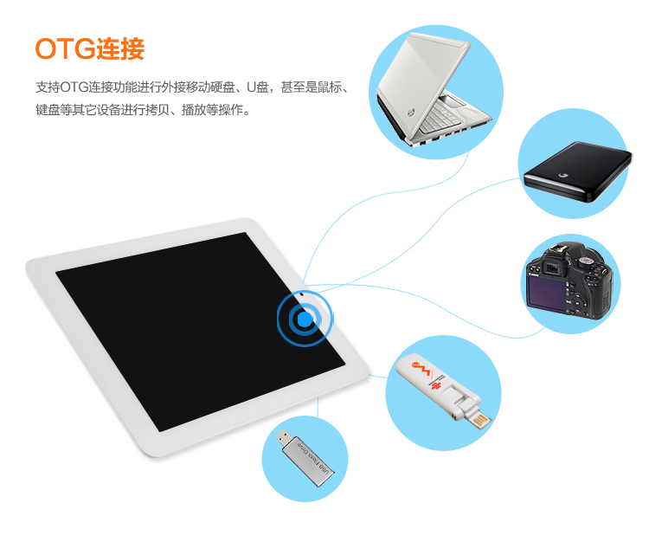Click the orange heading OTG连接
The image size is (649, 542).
89,48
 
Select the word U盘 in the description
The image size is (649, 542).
257,87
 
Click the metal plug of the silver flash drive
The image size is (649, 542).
284,436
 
